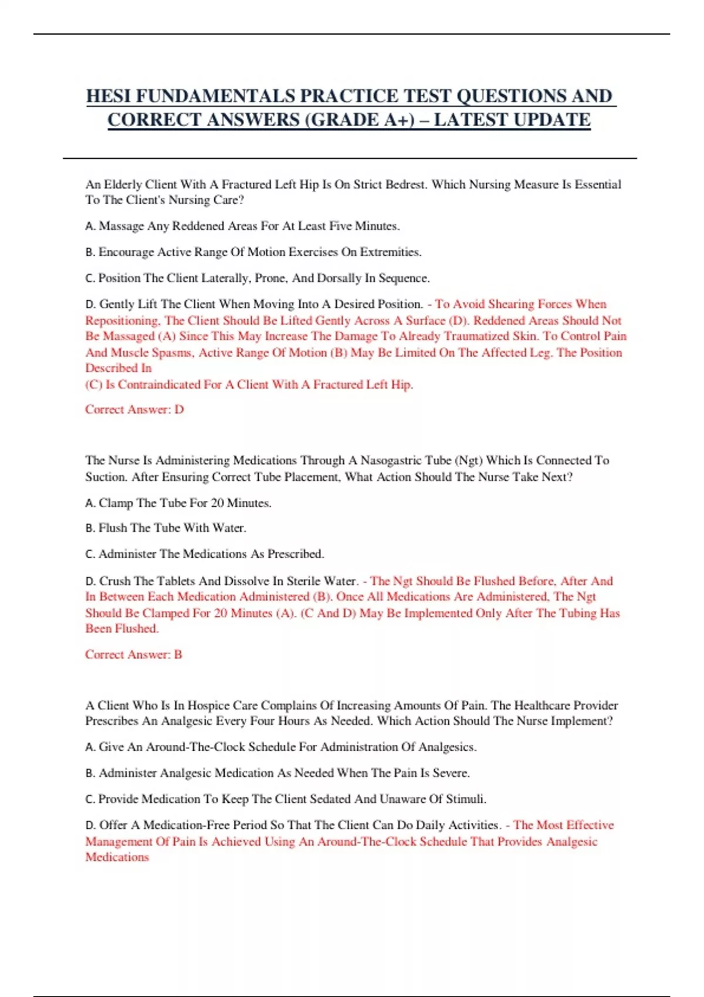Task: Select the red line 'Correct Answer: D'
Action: (134, 409)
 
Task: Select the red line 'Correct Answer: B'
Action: (134, 655)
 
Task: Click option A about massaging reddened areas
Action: (242, 226)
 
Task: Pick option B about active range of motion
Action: (253, 252)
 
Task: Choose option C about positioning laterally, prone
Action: (258, 278)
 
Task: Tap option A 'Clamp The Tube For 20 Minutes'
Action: (178, 503)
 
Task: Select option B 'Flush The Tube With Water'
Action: (166, 528)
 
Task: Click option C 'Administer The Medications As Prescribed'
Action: (205, 554)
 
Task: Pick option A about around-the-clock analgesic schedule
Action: (281, 747)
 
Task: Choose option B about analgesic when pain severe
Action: (277, 773)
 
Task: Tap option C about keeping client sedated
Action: (286, 799)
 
